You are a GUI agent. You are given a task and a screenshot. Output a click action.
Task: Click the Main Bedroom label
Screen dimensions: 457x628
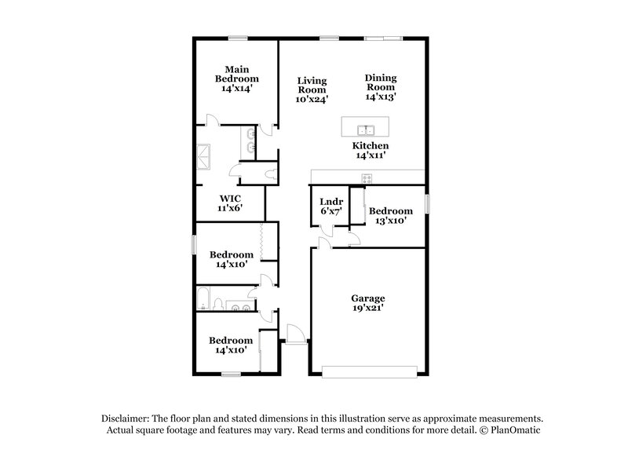coord(237,79)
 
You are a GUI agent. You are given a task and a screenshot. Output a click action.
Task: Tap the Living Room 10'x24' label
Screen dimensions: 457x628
coord(312,90)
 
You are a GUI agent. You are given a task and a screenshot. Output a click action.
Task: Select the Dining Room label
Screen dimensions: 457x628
coord(380,87)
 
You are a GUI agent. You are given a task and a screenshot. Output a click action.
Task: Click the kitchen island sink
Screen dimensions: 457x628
coord(367,130)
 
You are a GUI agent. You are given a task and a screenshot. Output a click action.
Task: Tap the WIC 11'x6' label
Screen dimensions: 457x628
coord(230,203)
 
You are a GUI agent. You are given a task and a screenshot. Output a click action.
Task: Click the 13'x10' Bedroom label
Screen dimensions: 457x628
coord(390,216)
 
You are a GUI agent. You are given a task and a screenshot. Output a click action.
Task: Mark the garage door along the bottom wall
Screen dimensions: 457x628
coord(367,371)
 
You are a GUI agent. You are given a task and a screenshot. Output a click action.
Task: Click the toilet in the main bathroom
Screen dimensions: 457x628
coord(270,171)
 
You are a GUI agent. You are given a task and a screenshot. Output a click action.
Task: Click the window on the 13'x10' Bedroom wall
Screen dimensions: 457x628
coord(429,203)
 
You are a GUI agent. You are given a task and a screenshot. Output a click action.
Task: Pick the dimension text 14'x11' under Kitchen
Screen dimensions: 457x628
coord(371,156)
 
